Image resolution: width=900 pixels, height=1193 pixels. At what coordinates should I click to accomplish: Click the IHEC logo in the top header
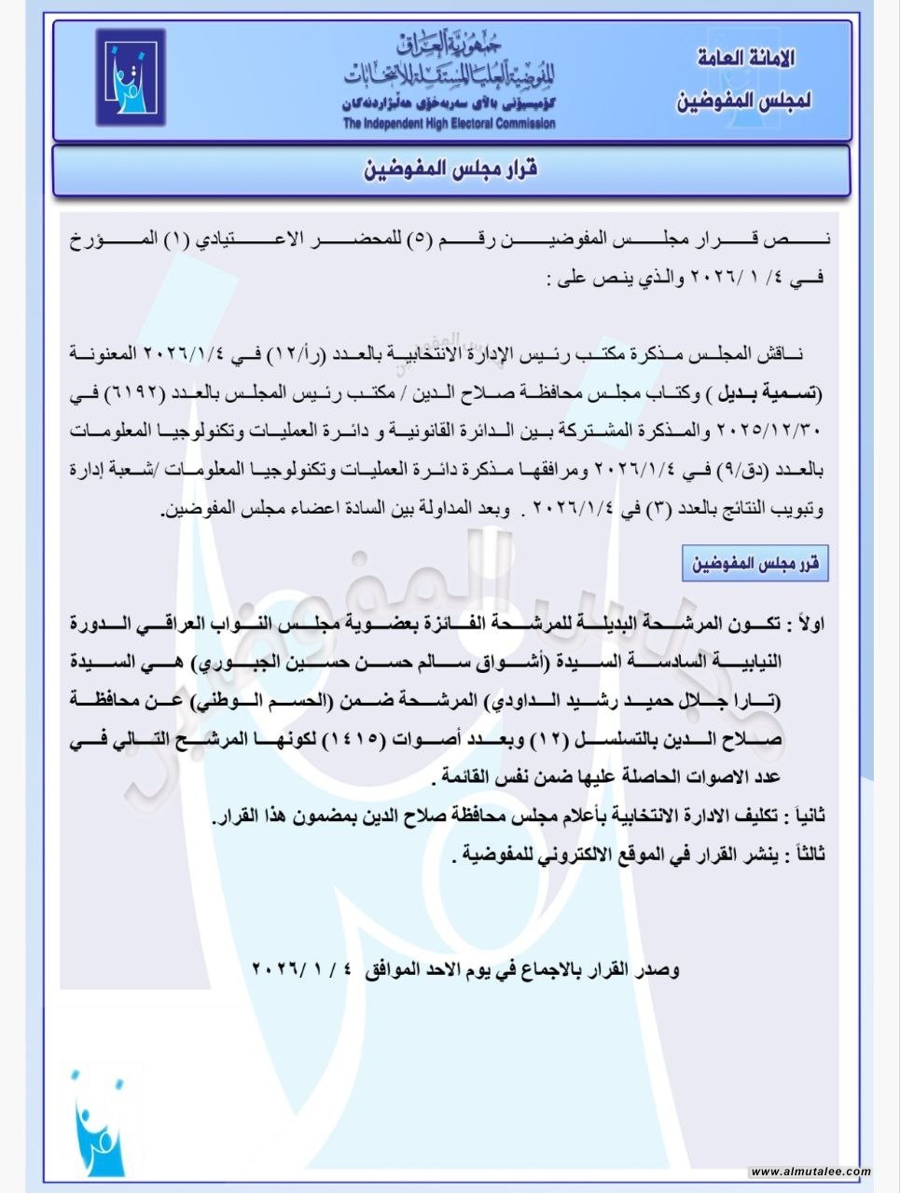131,77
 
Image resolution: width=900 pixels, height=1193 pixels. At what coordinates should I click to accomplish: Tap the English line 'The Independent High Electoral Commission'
449,123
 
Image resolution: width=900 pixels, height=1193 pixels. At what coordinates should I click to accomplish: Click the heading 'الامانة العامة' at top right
746,59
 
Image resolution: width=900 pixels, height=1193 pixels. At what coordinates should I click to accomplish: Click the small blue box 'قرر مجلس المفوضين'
755,564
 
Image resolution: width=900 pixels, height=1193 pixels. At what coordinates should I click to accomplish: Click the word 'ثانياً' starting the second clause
805,816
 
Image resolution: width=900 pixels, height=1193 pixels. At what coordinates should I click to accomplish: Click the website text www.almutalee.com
810,1172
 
